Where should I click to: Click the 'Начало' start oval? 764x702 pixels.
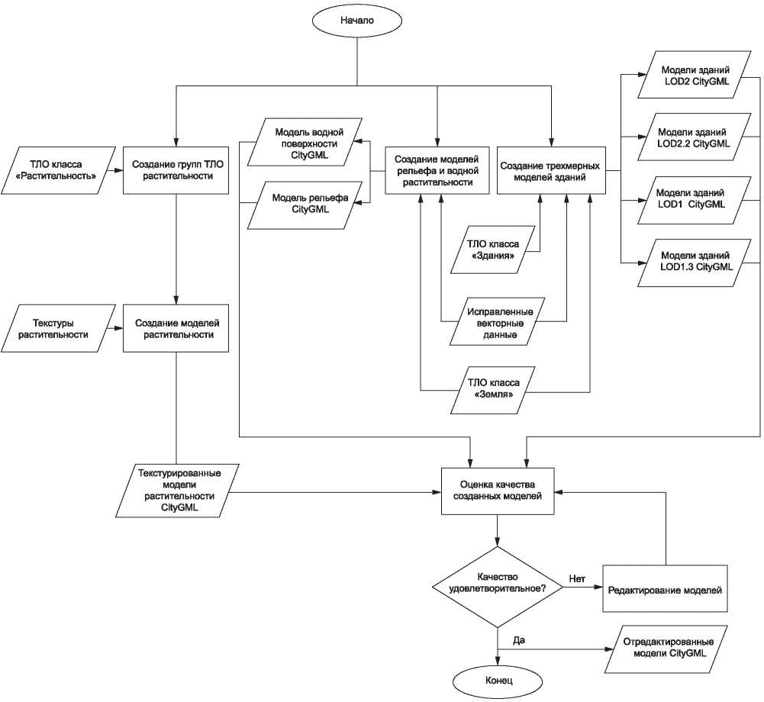357,21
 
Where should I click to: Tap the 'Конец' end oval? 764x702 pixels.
498,681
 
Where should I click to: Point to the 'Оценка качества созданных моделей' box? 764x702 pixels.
498,491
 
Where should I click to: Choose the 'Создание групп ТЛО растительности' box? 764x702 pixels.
176,170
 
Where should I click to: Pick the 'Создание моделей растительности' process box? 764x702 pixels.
176,328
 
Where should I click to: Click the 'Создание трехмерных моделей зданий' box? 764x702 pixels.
551,170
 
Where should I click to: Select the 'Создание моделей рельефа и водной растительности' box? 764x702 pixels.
437,170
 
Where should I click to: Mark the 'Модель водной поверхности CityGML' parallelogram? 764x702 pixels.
305,142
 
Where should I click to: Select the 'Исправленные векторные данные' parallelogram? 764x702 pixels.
497,322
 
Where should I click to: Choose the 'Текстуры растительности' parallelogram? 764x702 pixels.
58,328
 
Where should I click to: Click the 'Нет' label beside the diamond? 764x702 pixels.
577,579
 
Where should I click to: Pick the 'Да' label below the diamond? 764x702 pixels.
519,640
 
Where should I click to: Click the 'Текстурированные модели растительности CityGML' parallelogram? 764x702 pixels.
178,491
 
